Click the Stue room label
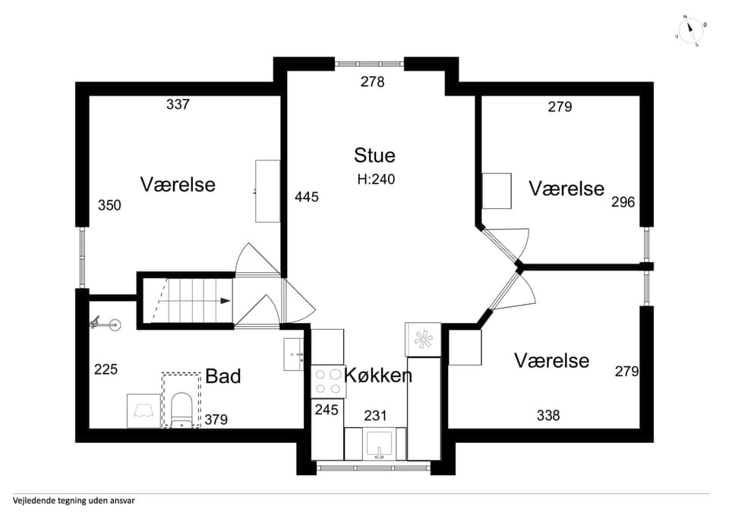(374, 155)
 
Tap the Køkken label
(378, 375)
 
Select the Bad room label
(222, 376)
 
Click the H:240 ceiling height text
(376, 179)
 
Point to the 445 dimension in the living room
(306, 198)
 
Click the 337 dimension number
(178, 104)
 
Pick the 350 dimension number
(109, 205)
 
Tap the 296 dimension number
(623, 202)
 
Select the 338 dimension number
(548, 415)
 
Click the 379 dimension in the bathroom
(216, 419)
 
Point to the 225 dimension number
(106, 369)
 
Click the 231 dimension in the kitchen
(375, 416)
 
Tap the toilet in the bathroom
(181, 410)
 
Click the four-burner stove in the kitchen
(328, 381)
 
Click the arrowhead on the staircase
(226, 301)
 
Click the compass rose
(691, 31)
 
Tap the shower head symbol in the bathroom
(105, 324)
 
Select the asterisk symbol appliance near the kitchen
(423, 340)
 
